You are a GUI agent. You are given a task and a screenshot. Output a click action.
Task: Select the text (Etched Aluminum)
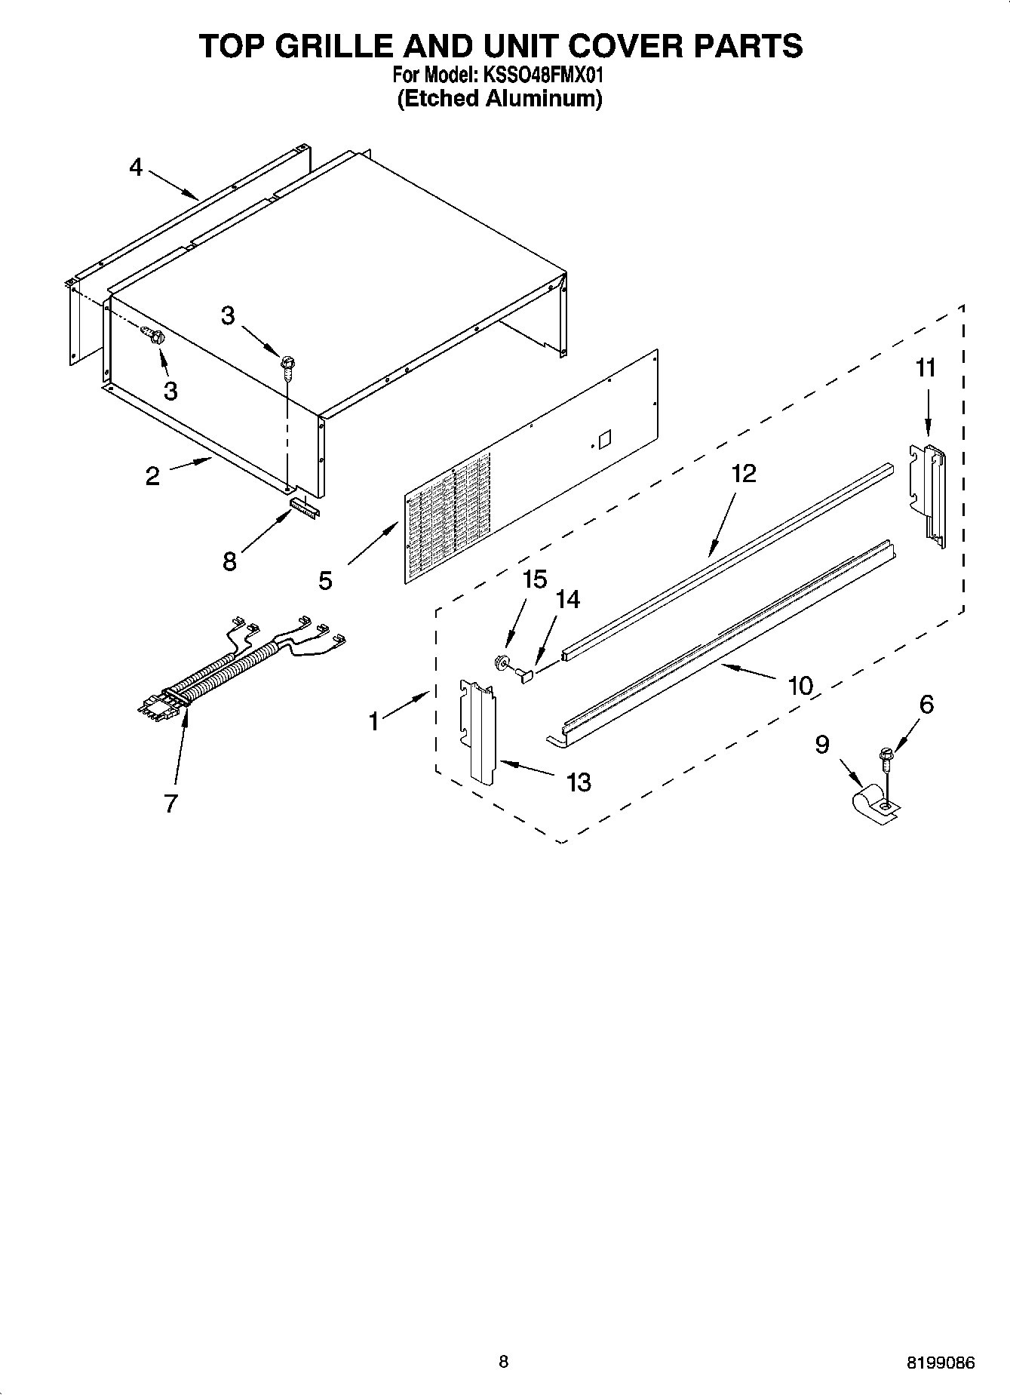pos(499,98)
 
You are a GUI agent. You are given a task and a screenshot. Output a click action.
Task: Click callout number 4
pos(136,167)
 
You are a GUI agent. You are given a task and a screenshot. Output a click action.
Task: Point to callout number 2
pos(152,476)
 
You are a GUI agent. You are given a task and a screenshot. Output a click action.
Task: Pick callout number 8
pos(229,561)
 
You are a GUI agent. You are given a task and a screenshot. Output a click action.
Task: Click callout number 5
pos(325,580)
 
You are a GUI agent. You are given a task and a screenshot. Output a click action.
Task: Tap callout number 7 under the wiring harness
pos(170,804)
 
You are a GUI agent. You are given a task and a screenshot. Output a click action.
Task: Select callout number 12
pos(743,474)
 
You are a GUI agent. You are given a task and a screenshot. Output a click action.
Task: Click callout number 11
pos(926,368)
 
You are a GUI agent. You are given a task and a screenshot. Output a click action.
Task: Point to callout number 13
pos(579,782)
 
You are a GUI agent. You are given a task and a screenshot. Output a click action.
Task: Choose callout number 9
pos(822,745)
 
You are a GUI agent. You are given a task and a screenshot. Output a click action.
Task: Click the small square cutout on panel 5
pos(603,438)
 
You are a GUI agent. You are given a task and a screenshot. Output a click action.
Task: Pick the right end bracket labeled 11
pos(928,494)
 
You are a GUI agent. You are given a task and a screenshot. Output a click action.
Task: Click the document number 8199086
pos(941,1363)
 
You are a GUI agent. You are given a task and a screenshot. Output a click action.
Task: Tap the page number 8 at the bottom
pos(504,1361)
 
